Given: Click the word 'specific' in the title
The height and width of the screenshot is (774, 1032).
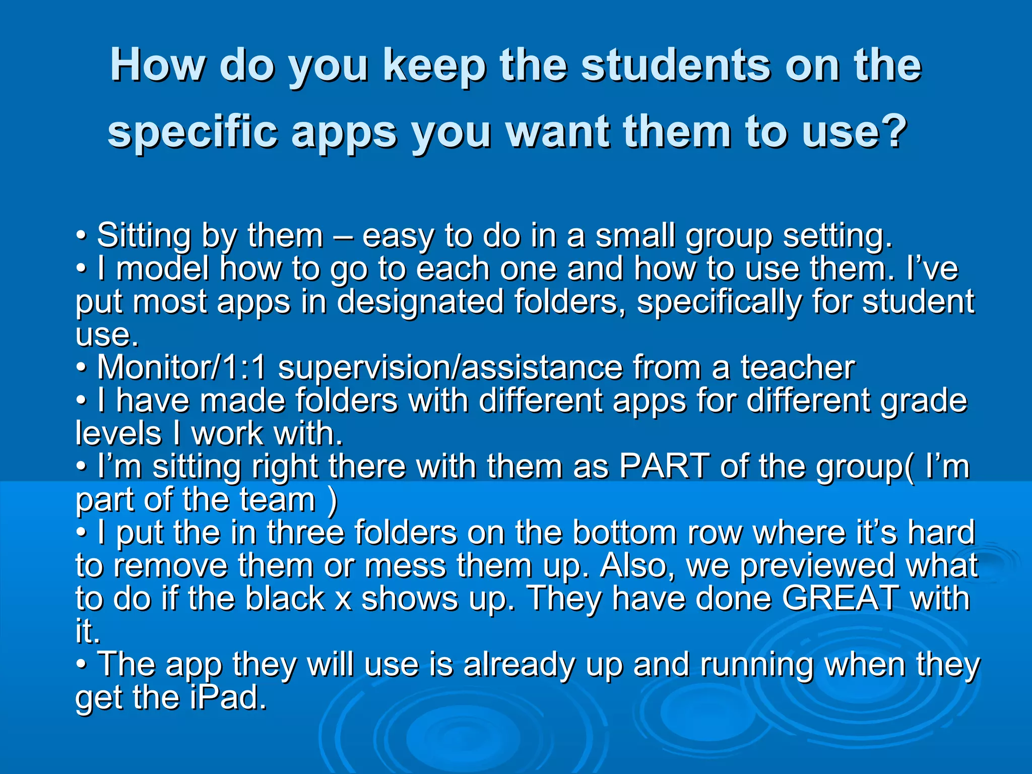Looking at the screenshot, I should [x=192, y=133].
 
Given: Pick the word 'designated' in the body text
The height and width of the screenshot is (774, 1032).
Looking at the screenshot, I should [x=420, y=302].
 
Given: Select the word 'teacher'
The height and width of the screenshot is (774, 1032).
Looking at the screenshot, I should [x=797, y=367].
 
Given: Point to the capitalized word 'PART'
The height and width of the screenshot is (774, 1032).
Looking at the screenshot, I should [x=664, y=466].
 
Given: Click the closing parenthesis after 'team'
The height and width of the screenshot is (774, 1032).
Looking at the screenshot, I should [x=332, y=500].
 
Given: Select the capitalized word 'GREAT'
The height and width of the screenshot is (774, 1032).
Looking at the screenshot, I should [x=840, y=599].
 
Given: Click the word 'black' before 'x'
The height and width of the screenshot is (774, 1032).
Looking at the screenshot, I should [x=285, y=599].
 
